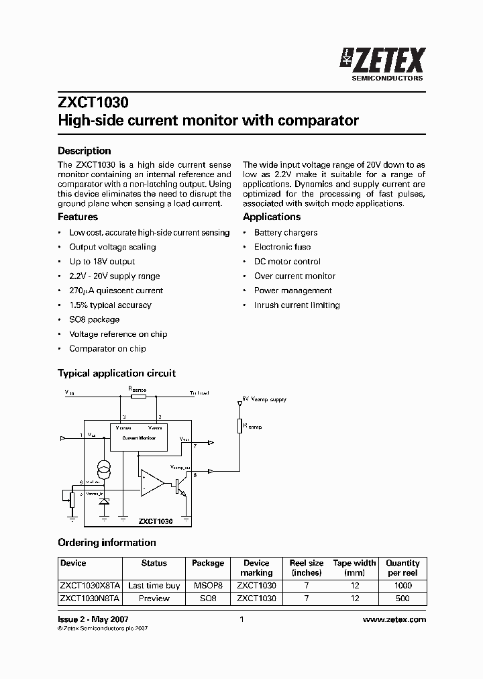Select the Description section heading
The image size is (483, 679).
(x=84, y=151)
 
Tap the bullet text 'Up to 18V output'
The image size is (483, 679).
(x=102, y=262)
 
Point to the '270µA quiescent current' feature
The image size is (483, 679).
(x=116, y=291)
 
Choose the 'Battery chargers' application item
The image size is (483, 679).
(x=286, y=233)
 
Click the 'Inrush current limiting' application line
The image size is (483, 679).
(x=297, y=305)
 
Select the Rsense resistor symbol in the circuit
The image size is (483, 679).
(x=138, y=396)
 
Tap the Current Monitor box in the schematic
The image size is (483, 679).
(x=139, y=437)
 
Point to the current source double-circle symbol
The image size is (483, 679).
(x=105, y=468)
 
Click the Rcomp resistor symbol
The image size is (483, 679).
(x=239, y=426)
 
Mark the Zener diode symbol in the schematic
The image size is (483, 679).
(x=105, y=501)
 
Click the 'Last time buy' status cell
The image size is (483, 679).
(x=154, y=586)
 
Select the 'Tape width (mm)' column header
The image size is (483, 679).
(x=355, y=568)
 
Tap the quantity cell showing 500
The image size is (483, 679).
(x=403, y=598)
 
